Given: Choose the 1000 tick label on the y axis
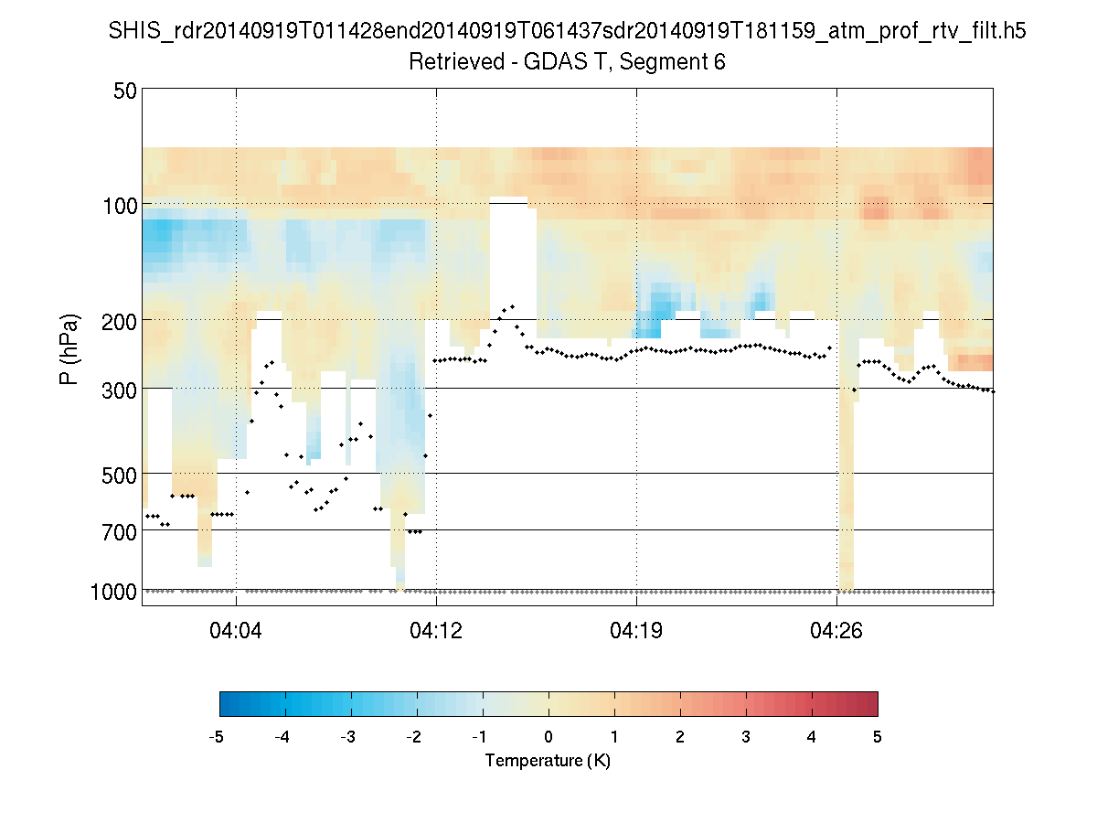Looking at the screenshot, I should pyautogui.click(x=113, y=592).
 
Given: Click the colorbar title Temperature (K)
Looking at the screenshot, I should pyautogui.click(x=548, y=761).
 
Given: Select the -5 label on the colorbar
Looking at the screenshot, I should pyautogui.click(x=218, y=737).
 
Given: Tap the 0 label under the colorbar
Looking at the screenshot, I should pyautogui.click(x=548, y=737).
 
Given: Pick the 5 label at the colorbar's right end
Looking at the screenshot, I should pyautogui.click(x=878, y=737).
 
